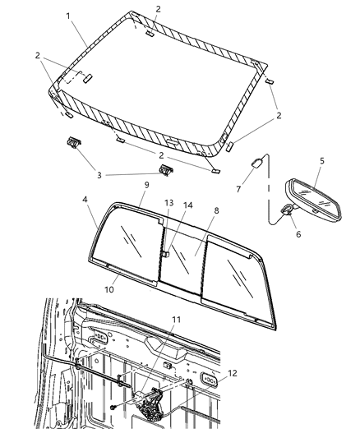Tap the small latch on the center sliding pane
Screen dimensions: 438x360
coord(165,255)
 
